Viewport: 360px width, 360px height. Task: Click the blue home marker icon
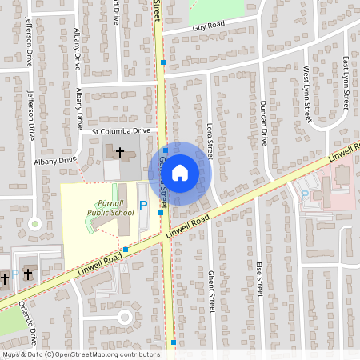pyautogui.click(x=180, y=173)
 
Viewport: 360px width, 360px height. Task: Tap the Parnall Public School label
pyautogui.click(x=111, y=209)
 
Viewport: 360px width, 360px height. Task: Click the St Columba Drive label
pyautogui.click(x=121, y=130)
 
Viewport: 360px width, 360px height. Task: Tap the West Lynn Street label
pyautogui.click(x=306, y=94)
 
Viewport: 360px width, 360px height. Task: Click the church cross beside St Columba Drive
pyautogui.click(x=121, y=151)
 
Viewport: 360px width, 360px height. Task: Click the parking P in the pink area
pyautogui.click(x=305, y=194)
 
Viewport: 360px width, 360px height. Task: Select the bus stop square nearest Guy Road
pyautogui.click(x=162, y=62)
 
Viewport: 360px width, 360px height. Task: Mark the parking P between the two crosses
pyautogui.click(x=15, y=274)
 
